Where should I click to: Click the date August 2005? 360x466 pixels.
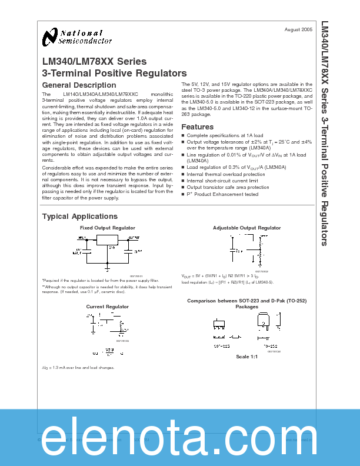(298, 29)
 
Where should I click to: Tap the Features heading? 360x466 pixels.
(197, 127)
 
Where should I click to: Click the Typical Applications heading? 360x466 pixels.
(79, 217)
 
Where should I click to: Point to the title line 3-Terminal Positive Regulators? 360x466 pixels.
(114, 74)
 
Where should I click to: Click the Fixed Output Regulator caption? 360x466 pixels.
(107, 227)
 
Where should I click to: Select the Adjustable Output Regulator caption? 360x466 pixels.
(246, 228)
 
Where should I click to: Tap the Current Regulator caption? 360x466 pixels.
(107, 307)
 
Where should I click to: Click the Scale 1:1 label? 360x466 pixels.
(247, 357)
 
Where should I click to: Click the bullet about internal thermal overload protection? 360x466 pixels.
(226, 175)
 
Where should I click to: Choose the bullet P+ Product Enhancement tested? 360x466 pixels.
(222, 194)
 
